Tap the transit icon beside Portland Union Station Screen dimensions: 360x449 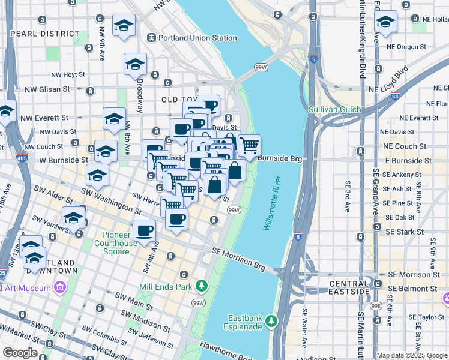point(152,38)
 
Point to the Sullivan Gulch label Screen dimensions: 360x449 point(334,109)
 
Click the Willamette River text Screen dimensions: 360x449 point(273,203)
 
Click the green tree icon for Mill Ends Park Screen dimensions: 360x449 point(203,286)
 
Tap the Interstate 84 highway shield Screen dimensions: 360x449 point(394,96)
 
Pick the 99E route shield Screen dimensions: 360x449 point(376,306)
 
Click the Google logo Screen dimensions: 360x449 point(19,353)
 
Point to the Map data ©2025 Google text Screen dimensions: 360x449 point(411,355)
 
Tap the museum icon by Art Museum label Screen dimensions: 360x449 point(59,289)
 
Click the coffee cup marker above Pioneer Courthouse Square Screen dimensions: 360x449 point(143,231)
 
